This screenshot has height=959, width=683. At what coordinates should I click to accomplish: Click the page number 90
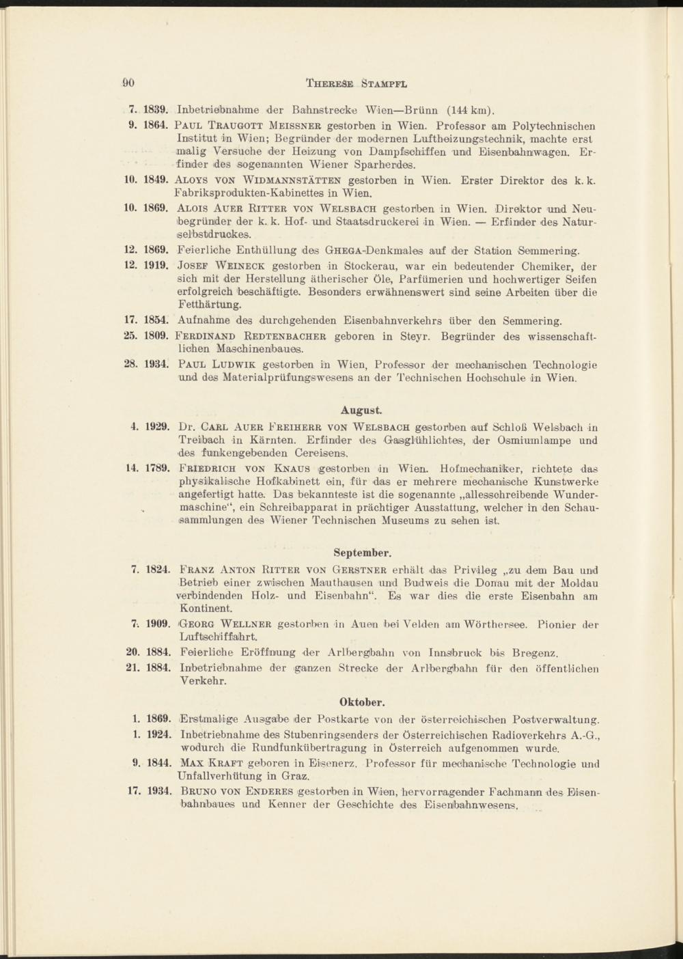(128, 83)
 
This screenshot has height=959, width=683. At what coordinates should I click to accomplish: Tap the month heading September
(362, 551)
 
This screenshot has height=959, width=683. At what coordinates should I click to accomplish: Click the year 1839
(156, 109)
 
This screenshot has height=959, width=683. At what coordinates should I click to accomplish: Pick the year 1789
(156, 470)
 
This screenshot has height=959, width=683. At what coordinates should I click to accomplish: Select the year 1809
(156, 336)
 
